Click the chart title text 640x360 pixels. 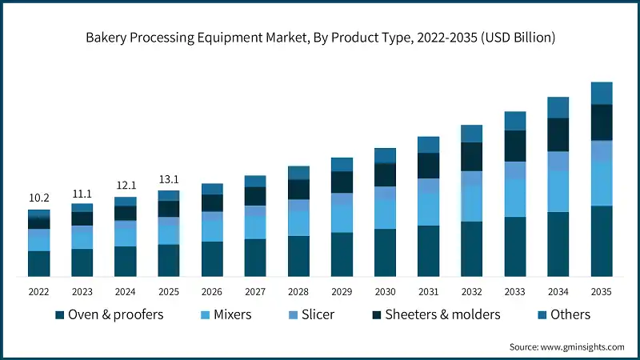click(x=320, y=38)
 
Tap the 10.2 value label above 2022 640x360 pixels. click(x=39, y=198)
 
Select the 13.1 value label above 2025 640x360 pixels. click(x=169, y=178)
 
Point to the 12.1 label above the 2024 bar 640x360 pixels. click(x=126, y=186)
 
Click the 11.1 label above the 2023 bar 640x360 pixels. click(x=82, y=193)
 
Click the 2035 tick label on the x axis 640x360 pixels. click(x=601, y=292)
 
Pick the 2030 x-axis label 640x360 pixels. click(x=385, y=292)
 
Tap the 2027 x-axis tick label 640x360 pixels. click(x=255, y=292)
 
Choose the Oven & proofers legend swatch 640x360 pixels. click(x=59, y=315)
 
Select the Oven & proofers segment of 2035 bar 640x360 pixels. click(x=601, y=241)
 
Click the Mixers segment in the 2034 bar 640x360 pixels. click(x=558, y=190)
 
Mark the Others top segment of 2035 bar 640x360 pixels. click(x=601, y=93)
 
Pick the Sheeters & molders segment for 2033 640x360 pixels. click(x=514, y=146)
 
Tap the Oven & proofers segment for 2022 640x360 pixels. click(x=39, y=263)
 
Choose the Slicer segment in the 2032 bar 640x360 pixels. click(x=471, y=178)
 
